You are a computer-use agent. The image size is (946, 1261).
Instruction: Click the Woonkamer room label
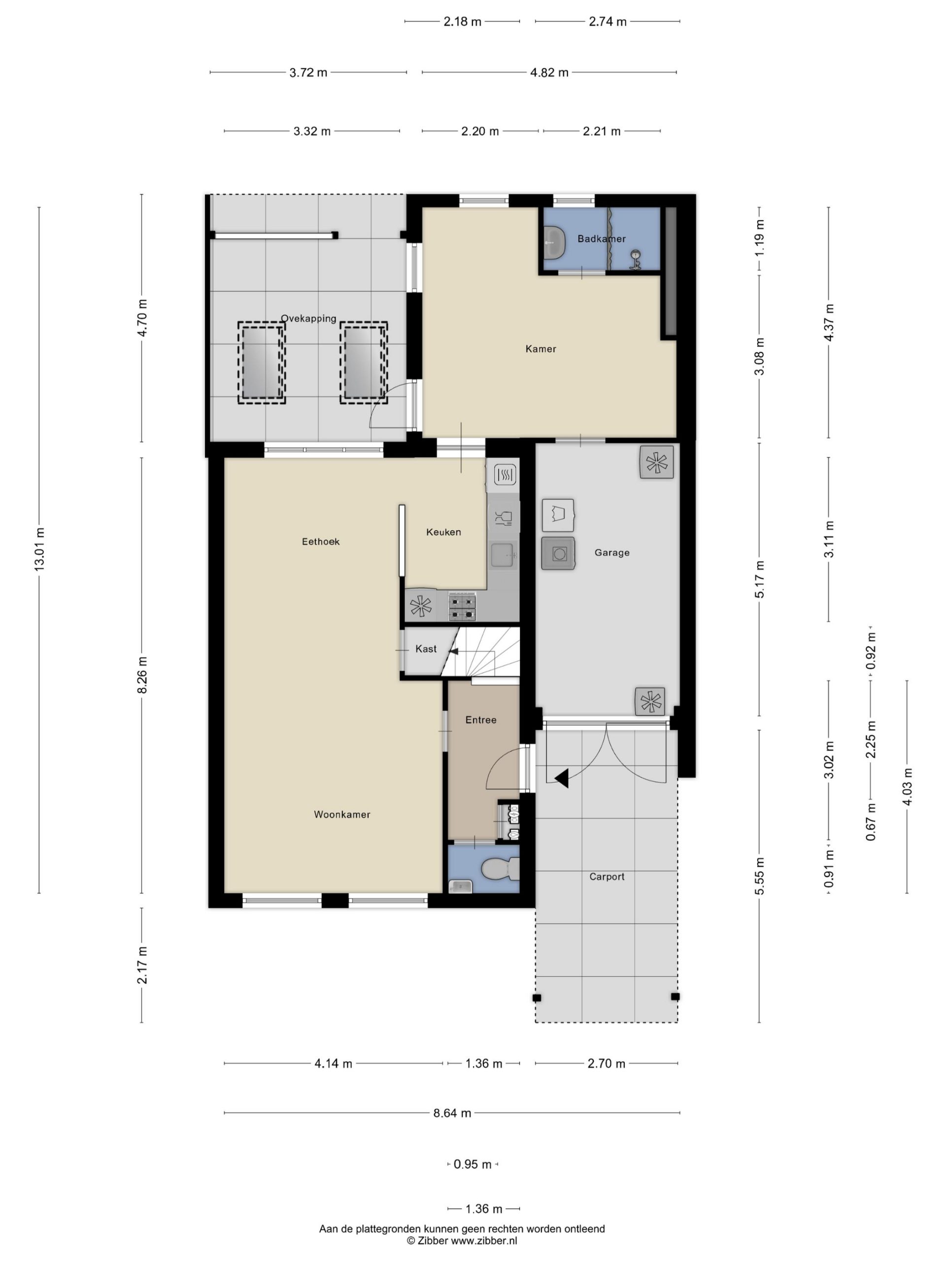point(341,815)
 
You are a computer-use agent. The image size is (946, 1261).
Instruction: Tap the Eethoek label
point(320,541)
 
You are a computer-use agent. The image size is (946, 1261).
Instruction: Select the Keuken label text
point(443,532)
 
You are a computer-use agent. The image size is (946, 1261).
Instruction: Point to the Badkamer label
point(602,239)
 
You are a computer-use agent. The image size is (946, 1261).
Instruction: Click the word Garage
point(612,552)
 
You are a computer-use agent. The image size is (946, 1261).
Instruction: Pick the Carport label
point(607,877)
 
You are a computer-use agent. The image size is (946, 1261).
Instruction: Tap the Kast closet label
point(426,649)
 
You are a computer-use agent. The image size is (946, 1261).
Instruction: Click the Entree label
point(481,720)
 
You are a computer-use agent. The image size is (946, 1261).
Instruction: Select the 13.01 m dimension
point(39,550)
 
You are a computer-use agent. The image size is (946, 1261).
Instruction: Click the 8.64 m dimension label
point(452,1113)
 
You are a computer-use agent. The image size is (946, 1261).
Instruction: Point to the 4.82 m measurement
point(549,72)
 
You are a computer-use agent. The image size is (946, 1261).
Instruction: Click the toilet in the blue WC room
point(500,869)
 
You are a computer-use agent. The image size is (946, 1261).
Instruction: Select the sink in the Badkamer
point(554,243)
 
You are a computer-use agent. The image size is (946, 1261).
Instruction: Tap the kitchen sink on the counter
point(504,555)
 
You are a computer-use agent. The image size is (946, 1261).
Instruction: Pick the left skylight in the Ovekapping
point(262,363)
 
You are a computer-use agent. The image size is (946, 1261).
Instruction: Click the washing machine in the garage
point(558,553)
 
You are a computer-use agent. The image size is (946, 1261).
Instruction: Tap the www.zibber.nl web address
point(484,1240)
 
